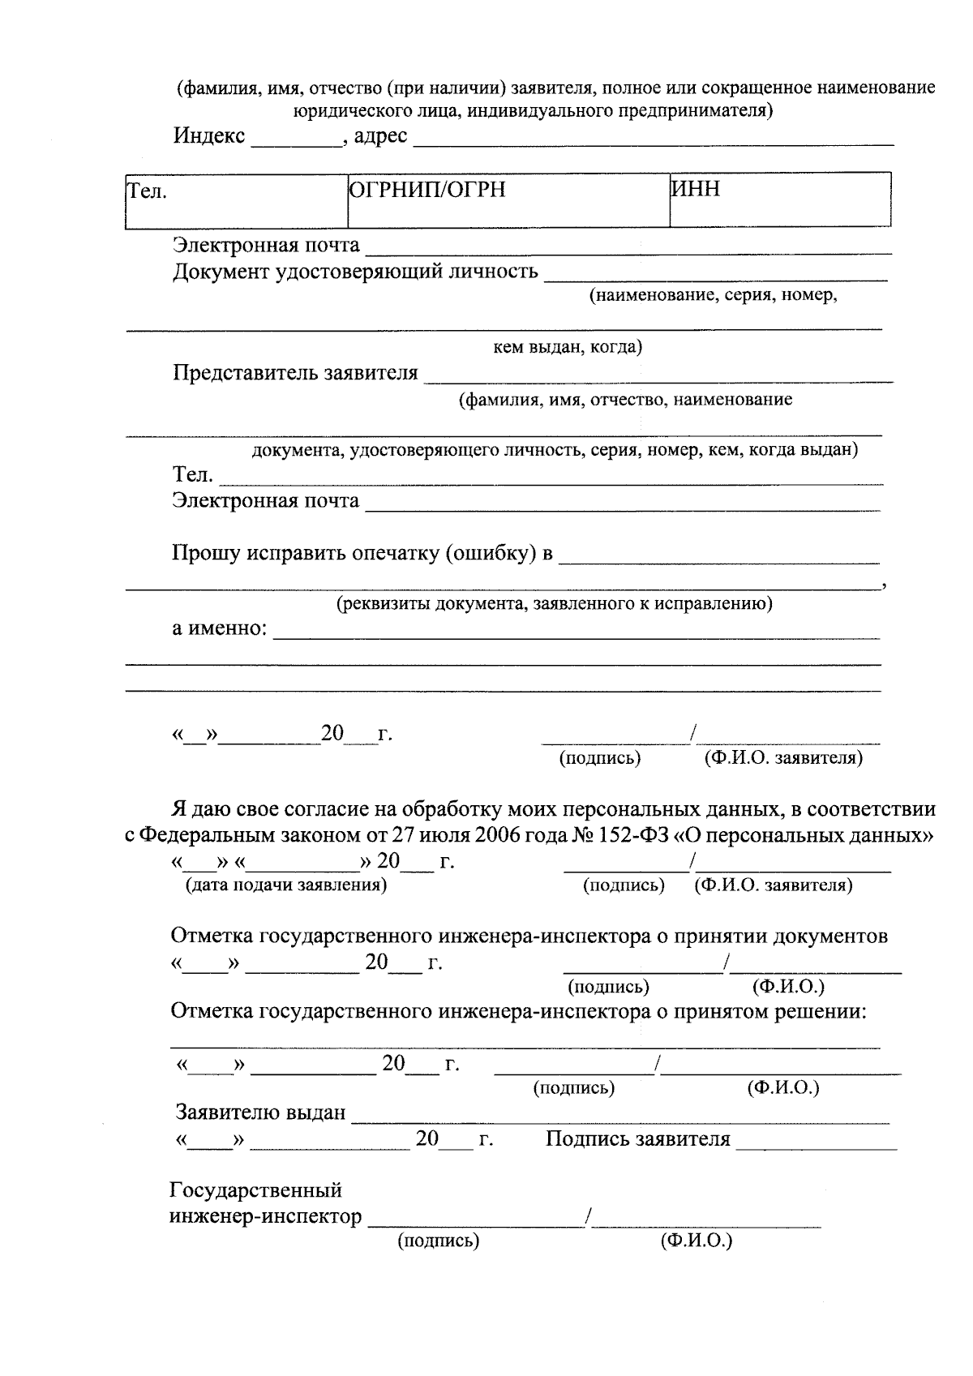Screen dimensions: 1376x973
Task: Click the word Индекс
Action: point(208,135)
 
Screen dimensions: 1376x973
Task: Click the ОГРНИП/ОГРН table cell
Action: point(508,200)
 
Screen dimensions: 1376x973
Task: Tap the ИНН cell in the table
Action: point(779,200)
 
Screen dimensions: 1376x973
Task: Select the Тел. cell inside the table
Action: point(236,200)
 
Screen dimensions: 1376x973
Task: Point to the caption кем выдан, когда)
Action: point(568,348)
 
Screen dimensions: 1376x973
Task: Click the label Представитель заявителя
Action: point(295,373)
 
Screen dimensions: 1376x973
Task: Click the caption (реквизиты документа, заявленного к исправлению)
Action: point(554,604)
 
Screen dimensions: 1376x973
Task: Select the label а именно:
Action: point(220,628)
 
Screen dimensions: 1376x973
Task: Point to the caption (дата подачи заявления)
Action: point(286,885)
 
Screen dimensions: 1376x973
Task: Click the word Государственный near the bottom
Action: point(255,1190)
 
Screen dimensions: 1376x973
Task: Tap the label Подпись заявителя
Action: point(637,1139)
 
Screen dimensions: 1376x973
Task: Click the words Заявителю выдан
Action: point(261,1112)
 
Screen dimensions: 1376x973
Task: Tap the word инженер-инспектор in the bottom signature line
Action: point(265,1216)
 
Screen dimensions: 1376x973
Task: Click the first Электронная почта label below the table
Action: point(266,245)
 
